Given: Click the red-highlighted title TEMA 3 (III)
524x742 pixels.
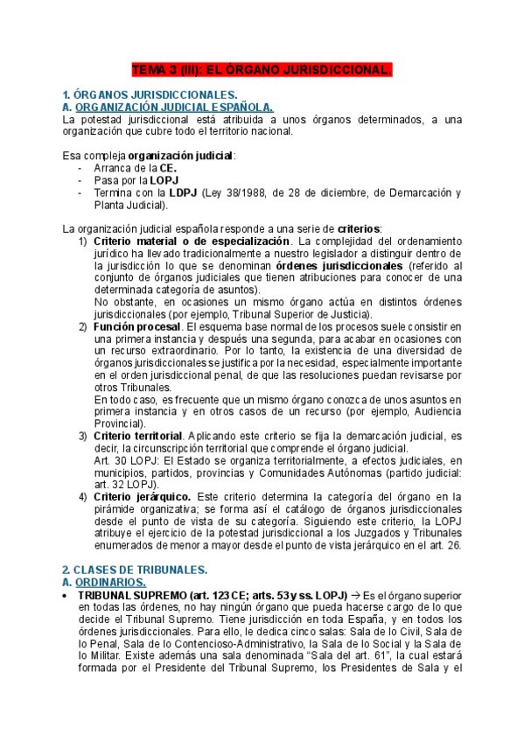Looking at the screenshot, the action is pyautogui.click(x=262, y=67).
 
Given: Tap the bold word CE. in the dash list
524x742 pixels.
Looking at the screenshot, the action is pyautogui.click(x=143, y=169).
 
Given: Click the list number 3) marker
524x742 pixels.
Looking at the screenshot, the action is pyautogui.click(x=83, y=435).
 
